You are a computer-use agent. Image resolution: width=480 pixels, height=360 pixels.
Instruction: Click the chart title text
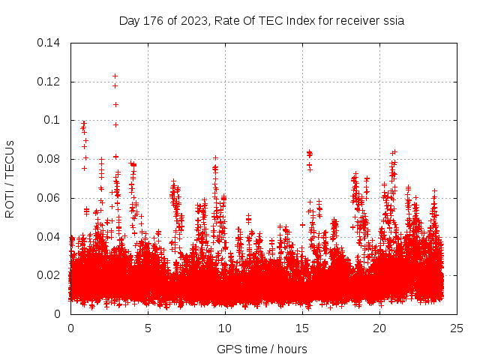262,21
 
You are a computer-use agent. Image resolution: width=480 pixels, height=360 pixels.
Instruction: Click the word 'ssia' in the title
393,21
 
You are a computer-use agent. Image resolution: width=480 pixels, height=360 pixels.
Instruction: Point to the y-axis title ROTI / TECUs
10,178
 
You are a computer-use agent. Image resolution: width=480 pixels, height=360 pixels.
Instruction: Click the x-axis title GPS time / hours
262,349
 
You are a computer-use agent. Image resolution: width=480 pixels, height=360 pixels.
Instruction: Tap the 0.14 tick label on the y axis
50,43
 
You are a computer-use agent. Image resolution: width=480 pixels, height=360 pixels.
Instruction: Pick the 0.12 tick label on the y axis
50,82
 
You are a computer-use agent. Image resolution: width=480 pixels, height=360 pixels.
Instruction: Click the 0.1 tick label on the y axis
55,120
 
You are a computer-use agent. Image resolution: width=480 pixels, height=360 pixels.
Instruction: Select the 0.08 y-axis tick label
50,159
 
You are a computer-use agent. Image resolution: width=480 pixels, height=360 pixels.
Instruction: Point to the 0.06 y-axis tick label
50,198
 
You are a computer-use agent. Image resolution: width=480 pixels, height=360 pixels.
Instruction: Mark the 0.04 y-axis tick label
50,237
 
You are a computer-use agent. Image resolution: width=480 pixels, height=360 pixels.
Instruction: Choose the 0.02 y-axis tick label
50,275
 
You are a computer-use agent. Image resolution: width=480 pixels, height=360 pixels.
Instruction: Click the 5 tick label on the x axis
148,328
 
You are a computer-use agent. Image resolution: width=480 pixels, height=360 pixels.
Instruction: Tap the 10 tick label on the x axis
225,328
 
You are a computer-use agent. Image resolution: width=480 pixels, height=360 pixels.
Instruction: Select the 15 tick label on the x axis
302,328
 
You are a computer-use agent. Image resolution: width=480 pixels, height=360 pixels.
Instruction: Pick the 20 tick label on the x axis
379,328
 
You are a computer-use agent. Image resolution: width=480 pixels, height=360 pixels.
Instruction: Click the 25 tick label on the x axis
457,328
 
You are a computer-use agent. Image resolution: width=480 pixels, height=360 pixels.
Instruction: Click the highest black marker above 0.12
115,76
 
